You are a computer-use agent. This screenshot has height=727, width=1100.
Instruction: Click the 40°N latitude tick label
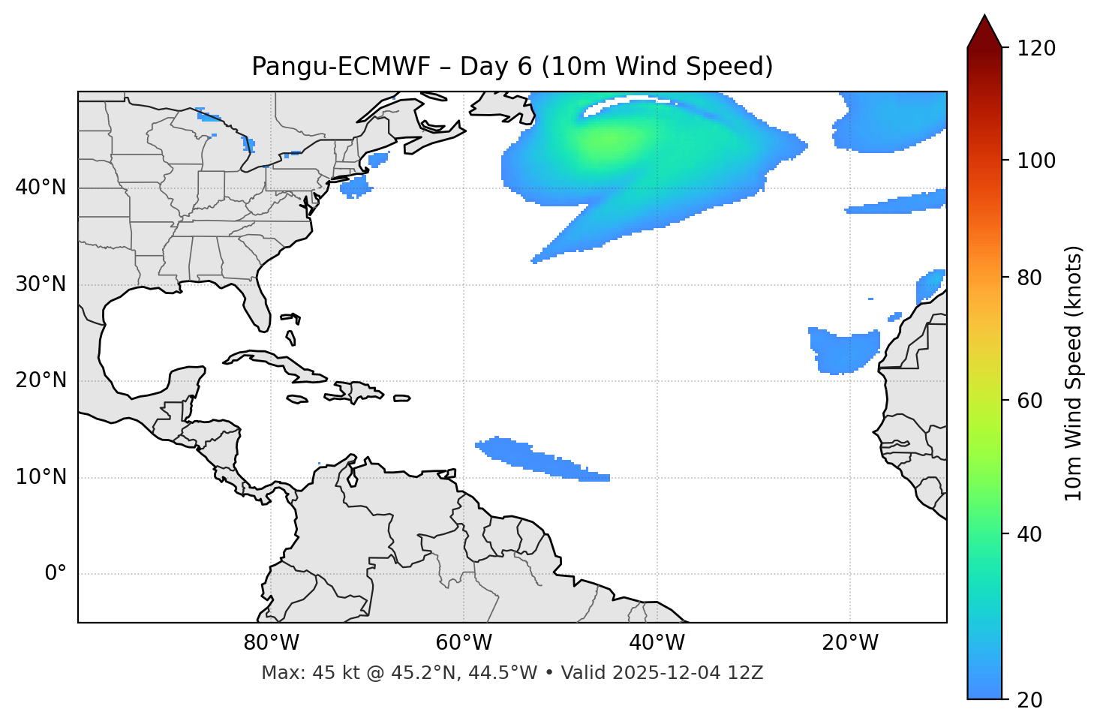pos(41,188)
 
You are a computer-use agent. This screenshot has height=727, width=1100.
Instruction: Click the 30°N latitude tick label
pos(41,284)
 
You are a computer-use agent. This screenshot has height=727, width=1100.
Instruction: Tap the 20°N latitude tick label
pos(41,381)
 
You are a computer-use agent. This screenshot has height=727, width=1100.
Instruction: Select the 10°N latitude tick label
pos(41,477)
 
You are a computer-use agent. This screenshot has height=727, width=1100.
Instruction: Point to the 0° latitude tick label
pos(56,574)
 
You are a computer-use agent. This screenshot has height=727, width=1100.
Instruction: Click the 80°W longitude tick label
pos(271,643)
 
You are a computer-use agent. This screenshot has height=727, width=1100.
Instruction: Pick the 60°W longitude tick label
pos(464,643)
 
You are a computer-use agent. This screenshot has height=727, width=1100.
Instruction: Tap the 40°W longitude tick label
pos(657,643)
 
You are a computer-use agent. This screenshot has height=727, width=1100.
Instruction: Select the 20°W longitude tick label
pos(850,643)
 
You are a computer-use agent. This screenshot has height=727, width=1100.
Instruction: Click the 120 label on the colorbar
pos(1036,49)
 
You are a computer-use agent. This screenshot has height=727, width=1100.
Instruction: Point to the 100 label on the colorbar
pos(1036,161)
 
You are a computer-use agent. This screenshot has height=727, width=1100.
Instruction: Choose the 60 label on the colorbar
pos(1030,401)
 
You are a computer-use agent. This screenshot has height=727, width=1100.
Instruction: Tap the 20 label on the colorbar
pos(1030,700)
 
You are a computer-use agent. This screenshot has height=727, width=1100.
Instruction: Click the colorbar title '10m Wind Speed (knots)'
pos(1074,373)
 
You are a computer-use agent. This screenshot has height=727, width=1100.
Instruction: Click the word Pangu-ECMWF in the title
pos(341,67)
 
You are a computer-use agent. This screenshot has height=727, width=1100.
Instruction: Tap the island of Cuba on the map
pos(270,361)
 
